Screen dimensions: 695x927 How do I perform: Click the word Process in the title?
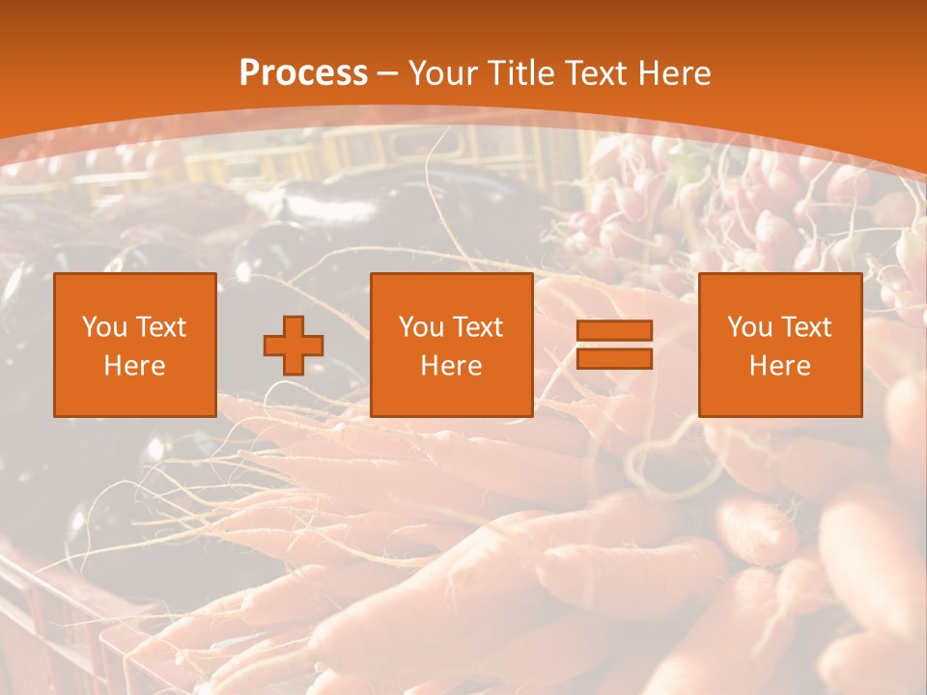click(303, 73)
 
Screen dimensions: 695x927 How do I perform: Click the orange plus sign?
click(294, 346)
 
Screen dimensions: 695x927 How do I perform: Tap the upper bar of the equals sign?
click(614, 331)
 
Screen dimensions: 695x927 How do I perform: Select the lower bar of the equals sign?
click(614, 358)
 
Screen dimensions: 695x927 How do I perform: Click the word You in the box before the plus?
click(101, 327)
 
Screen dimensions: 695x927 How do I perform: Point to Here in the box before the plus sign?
click(134, 366)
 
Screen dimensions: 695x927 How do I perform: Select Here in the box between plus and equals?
click(451, 366)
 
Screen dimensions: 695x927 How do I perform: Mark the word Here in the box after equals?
click(779, 366)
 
